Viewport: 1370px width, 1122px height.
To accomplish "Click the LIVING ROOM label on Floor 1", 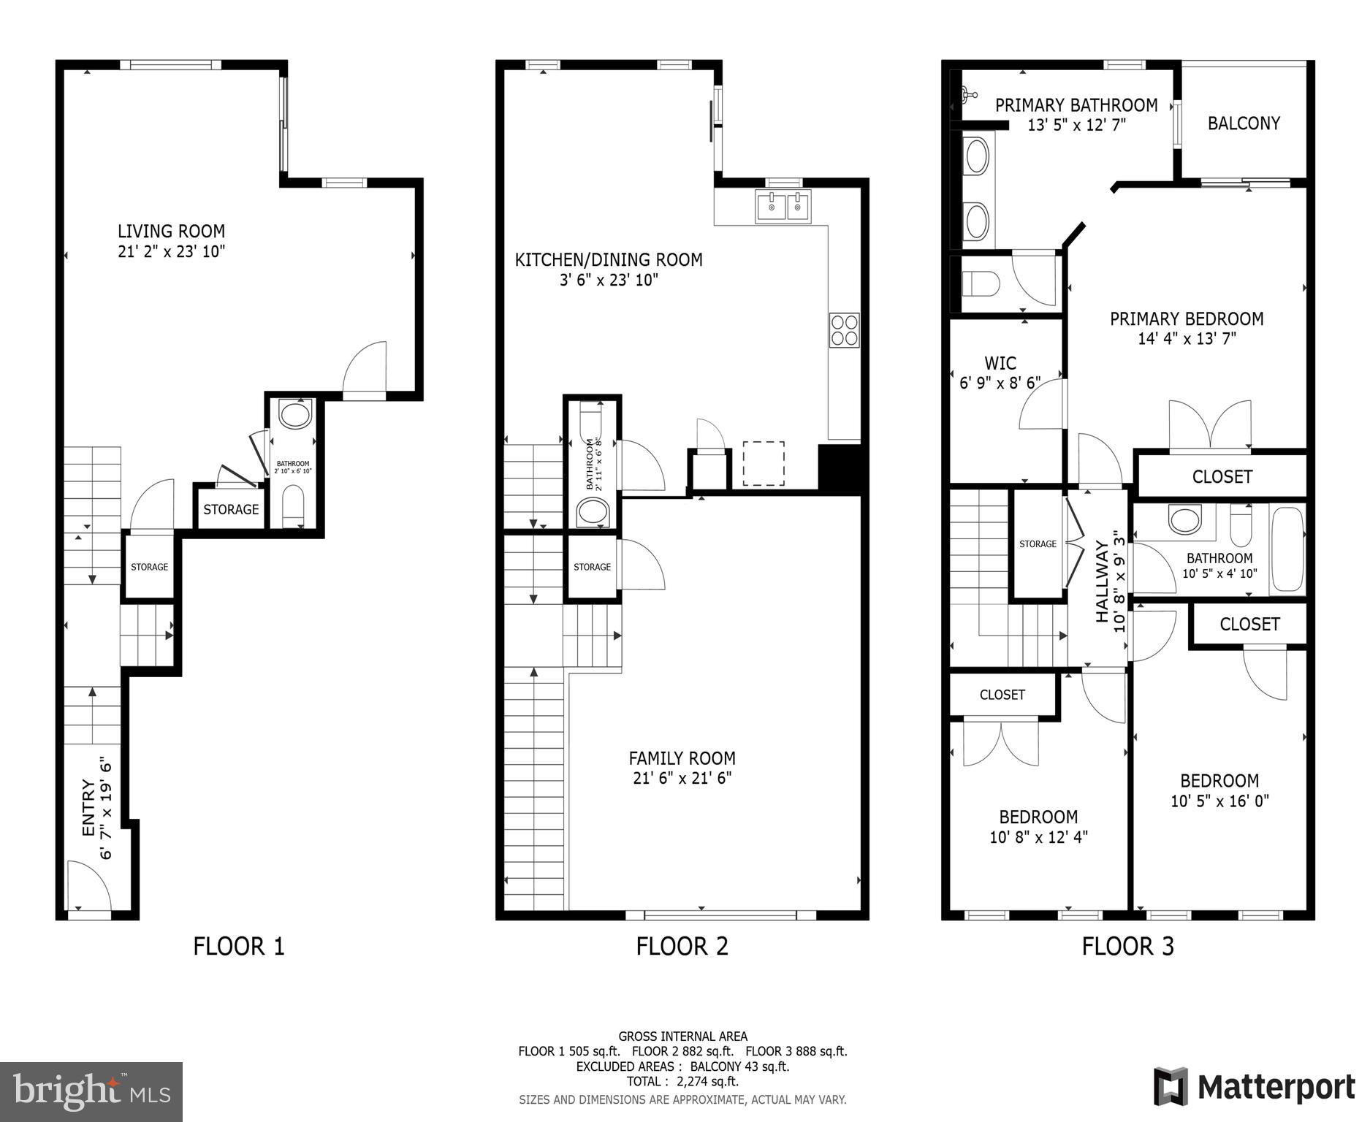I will click(x=171, y=232).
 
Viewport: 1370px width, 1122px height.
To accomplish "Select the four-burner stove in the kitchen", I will click(x=844, y=330).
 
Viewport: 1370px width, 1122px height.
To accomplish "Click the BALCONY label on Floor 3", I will click(x=1244, y=123).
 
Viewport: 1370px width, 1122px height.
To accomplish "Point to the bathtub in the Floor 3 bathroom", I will click(x=1287, y=551).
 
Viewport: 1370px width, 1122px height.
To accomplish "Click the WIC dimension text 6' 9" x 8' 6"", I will click(x=1000, y=382).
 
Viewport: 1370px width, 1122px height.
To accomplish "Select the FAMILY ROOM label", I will click(x=682, y=758).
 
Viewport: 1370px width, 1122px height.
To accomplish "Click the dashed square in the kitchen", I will click(x=764, y=463).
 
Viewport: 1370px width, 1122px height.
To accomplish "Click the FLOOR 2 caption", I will click(x=682, y=947).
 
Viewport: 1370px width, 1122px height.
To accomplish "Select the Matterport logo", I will click(x=1254, y=1087).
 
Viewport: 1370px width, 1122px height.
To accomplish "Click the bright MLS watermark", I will click(x=91, y=1091).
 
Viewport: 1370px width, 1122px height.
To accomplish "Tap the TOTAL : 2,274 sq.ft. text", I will click(x=682, y=1081).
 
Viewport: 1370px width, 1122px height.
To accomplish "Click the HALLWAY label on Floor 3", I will click(x=1101, y=581).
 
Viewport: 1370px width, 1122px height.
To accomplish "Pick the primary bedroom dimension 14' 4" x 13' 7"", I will click(x=1186, y=339).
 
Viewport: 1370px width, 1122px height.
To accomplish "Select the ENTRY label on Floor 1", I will click(x=88, y=808).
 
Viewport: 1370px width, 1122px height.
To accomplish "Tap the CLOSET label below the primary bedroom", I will click(x=1222, y=477).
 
